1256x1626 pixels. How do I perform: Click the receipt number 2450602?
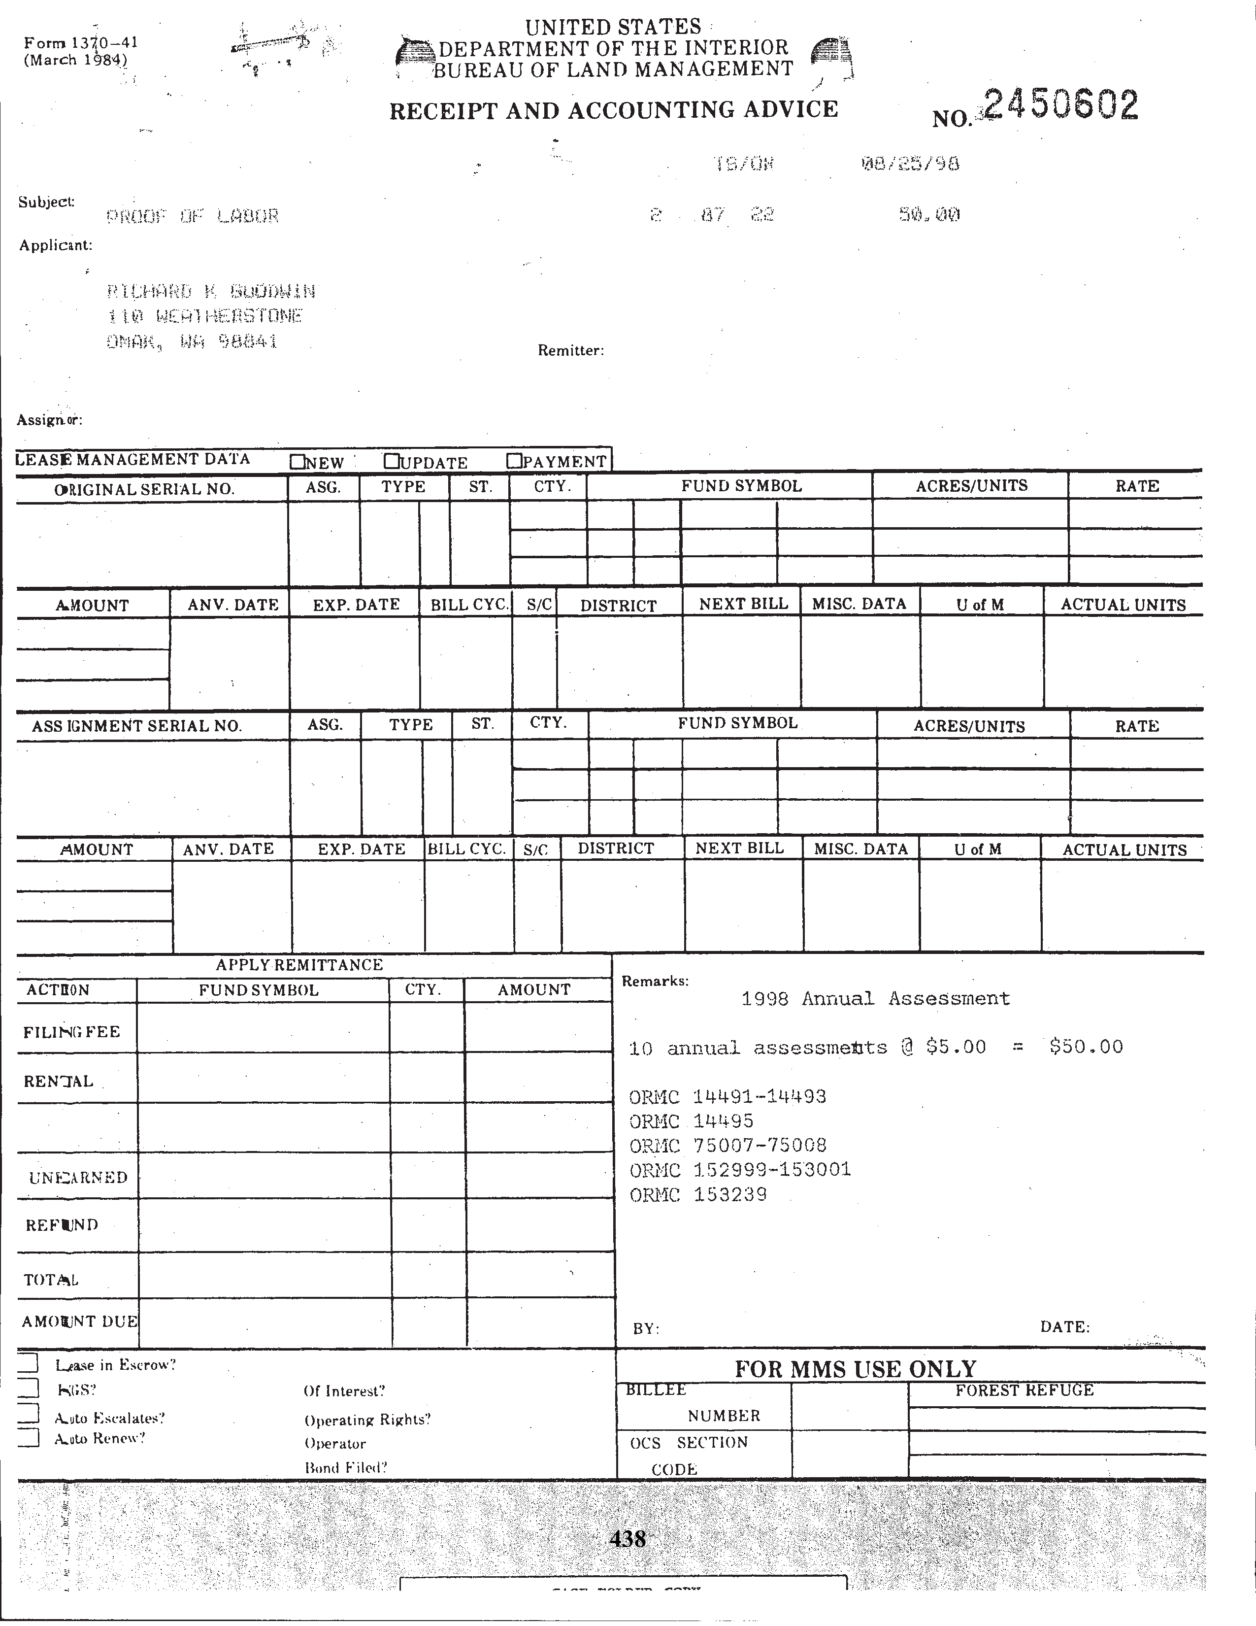(x=1060, y=106)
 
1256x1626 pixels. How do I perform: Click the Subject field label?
(x=46, y=202)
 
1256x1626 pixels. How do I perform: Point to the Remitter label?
(x=571, y=351)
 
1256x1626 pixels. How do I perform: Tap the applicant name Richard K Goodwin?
(x=211, y=291)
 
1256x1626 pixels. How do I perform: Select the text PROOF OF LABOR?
(x=193, y=217)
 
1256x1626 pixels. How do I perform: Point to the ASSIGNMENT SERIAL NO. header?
(x=137, y=726)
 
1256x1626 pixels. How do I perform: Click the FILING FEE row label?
(x=71, y=1032)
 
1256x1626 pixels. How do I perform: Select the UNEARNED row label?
(x=78, y=1177)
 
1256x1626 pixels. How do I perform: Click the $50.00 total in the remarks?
(x=1086, y=1047)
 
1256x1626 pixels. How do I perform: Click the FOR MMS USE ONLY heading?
(x=855, y=1368)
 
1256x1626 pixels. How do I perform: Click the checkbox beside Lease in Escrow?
(x=28, y=1362)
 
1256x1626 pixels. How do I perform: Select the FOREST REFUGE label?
(x=1025, y=1390)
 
